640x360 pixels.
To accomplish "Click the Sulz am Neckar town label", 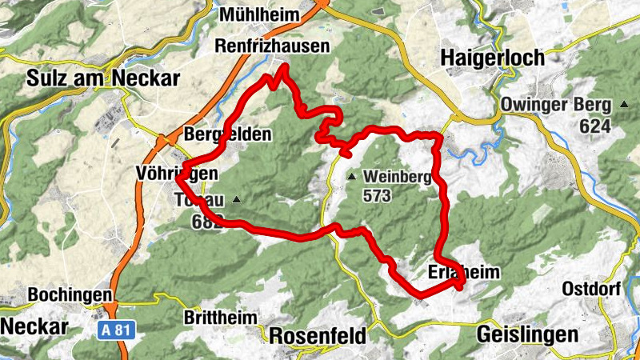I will [x=103, y=78].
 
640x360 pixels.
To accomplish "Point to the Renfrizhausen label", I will [x=272, y=47].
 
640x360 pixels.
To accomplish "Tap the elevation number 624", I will [x=596, y=126].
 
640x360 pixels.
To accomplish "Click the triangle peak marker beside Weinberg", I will [x=350, y=176].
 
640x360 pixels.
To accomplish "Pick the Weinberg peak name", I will [x=397, y=177].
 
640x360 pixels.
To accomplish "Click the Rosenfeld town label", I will [x=318, y=334].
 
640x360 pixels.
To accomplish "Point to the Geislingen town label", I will [x=526, y=334].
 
